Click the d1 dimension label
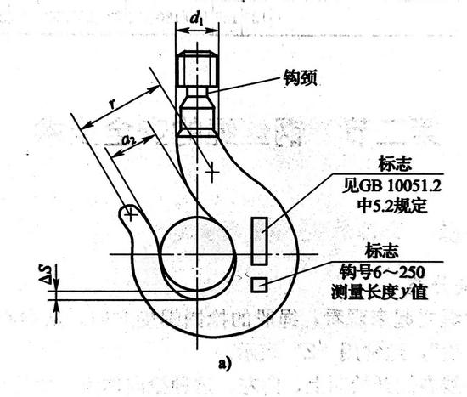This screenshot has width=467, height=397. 196,19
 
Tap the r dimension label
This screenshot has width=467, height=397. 112,104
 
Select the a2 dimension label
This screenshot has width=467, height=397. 129,139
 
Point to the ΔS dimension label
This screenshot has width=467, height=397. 48,274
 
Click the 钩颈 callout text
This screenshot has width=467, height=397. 300,78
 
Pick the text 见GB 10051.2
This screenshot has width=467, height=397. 391,186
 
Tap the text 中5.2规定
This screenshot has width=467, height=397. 392,206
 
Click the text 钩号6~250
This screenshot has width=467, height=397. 382,272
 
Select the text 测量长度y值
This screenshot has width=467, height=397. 380,292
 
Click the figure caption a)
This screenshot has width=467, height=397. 224,364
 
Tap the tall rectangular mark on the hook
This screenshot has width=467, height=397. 259,241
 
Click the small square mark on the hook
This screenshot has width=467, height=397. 259,285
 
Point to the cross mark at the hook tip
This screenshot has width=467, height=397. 130,214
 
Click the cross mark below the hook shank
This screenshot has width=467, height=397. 211,172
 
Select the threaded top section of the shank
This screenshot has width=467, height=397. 197,69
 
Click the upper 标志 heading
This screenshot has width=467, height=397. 395,164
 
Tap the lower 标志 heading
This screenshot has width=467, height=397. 381,251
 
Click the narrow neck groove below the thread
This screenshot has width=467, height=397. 197,91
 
